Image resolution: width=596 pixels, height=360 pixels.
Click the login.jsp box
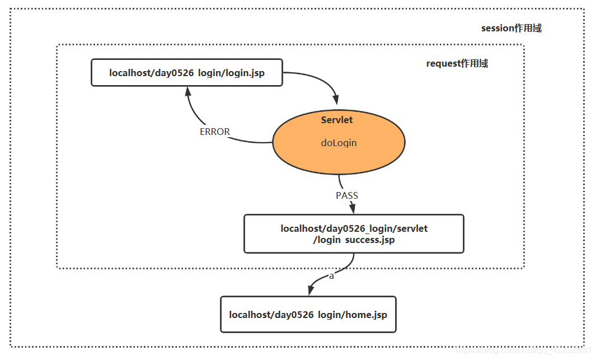(186, 73)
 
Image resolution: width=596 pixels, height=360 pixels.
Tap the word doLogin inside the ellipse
(339, 143)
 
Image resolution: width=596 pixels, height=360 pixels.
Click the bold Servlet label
(337, 120)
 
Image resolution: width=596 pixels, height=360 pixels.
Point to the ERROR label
(215, 132)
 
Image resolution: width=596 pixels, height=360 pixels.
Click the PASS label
(346, 195)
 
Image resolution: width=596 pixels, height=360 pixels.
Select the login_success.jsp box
(354, 233)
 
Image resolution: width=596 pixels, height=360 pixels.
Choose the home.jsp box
(308, 314)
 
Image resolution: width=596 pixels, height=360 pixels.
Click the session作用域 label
(511, 28)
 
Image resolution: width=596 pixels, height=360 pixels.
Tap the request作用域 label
(457, 63)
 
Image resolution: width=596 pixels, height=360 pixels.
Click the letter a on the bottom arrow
(331, 276)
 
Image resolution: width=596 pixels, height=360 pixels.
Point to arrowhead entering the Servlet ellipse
(336, 99)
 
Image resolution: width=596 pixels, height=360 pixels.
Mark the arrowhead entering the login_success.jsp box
(353, 209)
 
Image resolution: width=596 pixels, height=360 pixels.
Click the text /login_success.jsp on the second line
(354, 240)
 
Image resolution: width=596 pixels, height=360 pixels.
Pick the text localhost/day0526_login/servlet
(354, 228)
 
